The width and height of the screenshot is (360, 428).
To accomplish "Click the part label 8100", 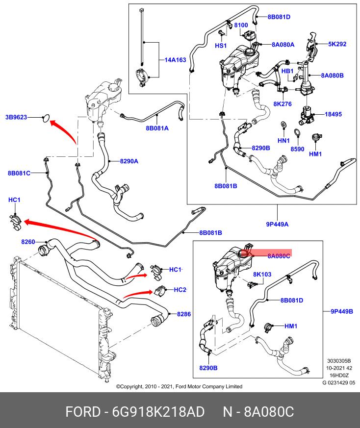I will (x=240, y=25).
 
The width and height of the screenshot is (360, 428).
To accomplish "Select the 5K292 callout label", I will (x=337, y=44).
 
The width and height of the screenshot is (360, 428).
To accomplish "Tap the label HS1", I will (x=221, y=46).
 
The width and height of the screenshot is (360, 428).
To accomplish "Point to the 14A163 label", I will (x=175, y=60).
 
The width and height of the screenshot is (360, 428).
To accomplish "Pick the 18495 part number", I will (x=333, y=114).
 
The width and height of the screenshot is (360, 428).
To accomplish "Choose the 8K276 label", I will (x=283, y=104).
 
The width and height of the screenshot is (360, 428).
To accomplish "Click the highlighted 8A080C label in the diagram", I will (x=279, y=255).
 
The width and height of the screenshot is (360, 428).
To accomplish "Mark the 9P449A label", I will (x=277, y=224).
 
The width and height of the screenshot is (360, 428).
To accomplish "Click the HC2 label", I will (x=180, y=290).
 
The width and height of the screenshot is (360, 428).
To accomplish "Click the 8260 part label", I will (x=28, y=242).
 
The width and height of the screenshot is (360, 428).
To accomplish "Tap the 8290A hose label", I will (x=129, y=161).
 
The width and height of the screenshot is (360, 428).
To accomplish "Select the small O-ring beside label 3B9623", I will (x=47, y=118).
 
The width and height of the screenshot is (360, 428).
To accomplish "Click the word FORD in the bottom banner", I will (x=82, y=412).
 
